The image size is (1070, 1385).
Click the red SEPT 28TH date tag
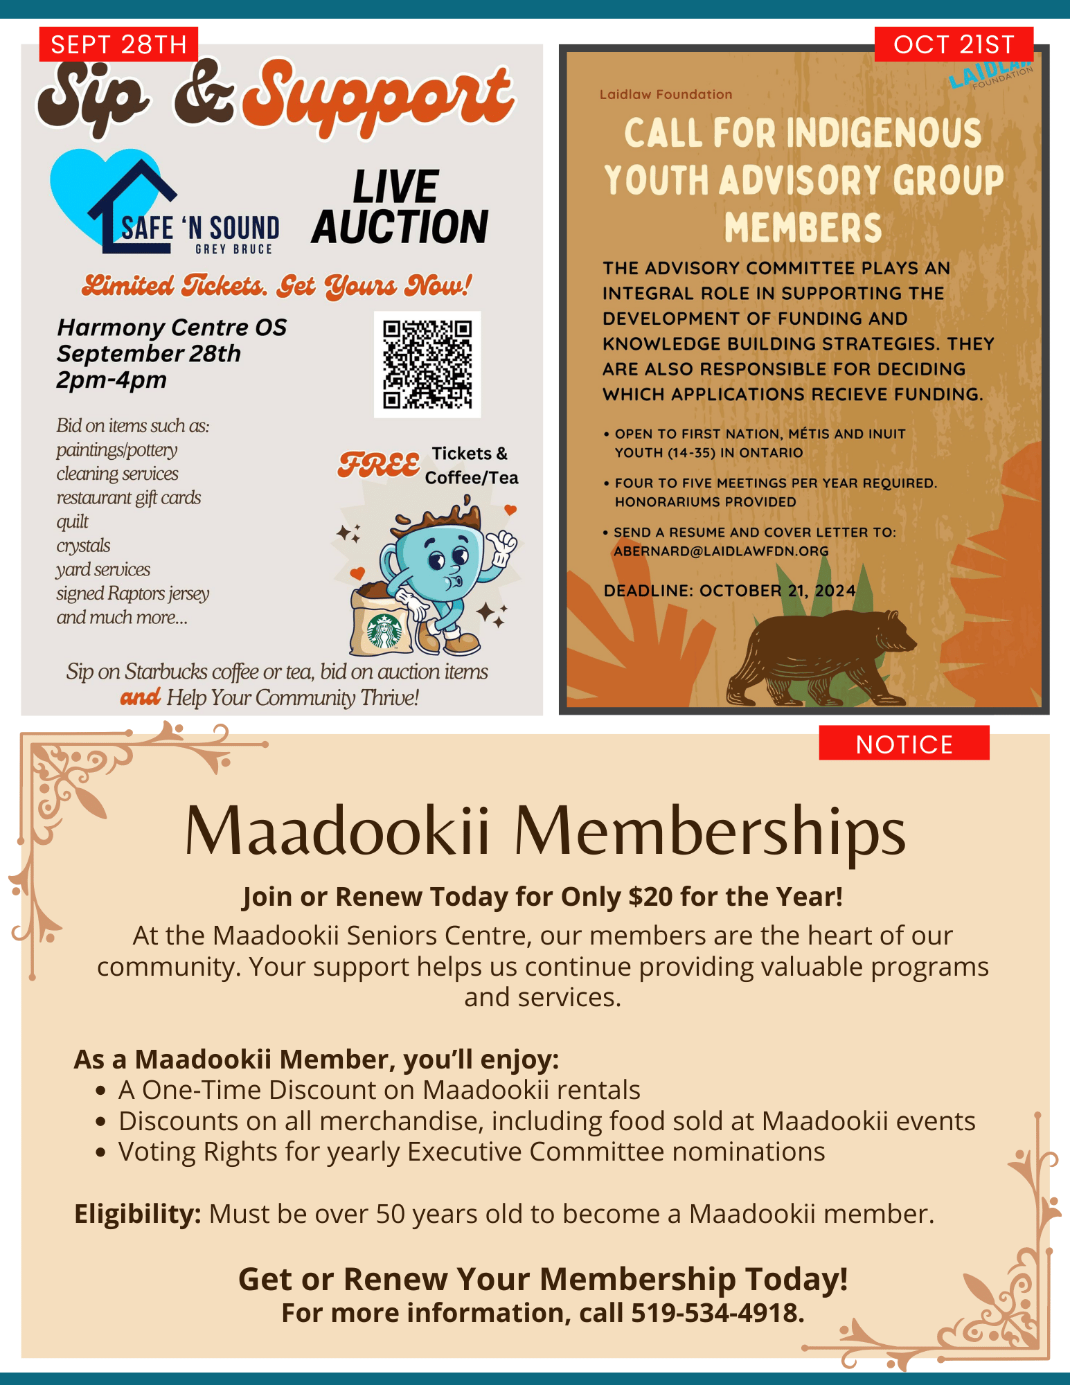(118, 45)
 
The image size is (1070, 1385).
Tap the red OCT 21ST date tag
(953, 45)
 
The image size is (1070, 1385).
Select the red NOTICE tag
(903, 744)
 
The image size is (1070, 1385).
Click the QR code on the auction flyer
(427, 364)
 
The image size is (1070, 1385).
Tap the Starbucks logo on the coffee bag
(384, 631)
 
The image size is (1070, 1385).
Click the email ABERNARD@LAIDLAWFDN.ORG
(721, 551)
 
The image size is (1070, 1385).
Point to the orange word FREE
(379, 465)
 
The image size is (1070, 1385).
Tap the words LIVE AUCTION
(400, 207)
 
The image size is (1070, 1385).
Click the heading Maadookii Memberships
(544, 831)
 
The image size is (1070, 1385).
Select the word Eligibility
(137, 1214)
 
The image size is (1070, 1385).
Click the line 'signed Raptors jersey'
(132, 593)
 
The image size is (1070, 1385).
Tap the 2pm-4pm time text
(112, 380)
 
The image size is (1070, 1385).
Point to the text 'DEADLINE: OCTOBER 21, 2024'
(729, 591)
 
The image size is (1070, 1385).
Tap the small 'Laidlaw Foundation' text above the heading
(666, 95)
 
